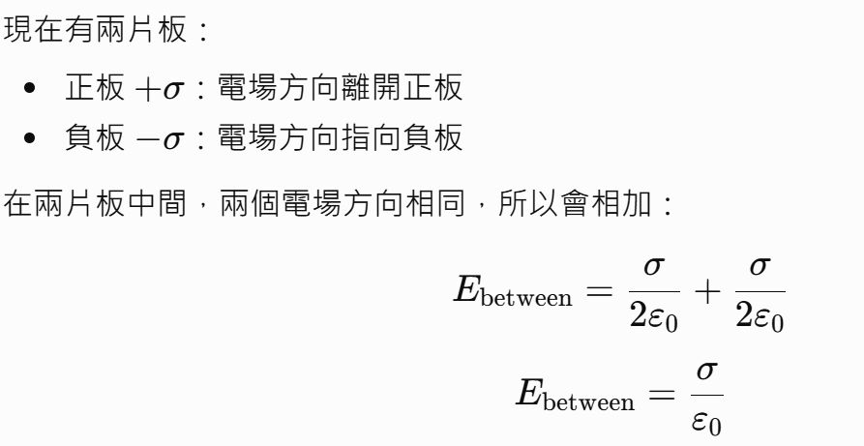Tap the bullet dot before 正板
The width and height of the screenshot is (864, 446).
[30, 88]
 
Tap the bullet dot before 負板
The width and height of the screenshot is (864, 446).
[30, 137]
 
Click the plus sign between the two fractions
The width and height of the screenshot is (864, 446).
[707, 291]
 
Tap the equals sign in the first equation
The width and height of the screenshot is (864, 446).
[600, 291]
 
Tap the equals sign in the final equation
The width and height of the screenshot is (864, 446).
[662, 395]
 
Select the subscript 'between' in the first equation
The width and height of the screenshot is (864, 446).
[526, 299]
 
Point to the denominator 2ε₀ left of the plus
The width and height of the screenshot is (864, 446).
[654, 317]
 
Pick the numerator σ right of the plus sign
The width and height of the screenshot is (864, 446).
[760, 268]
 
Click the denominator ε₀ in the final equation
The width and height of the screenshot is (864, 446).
[707, 422]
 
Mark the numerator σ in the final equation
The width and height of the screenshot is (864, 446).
[707, 372]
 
